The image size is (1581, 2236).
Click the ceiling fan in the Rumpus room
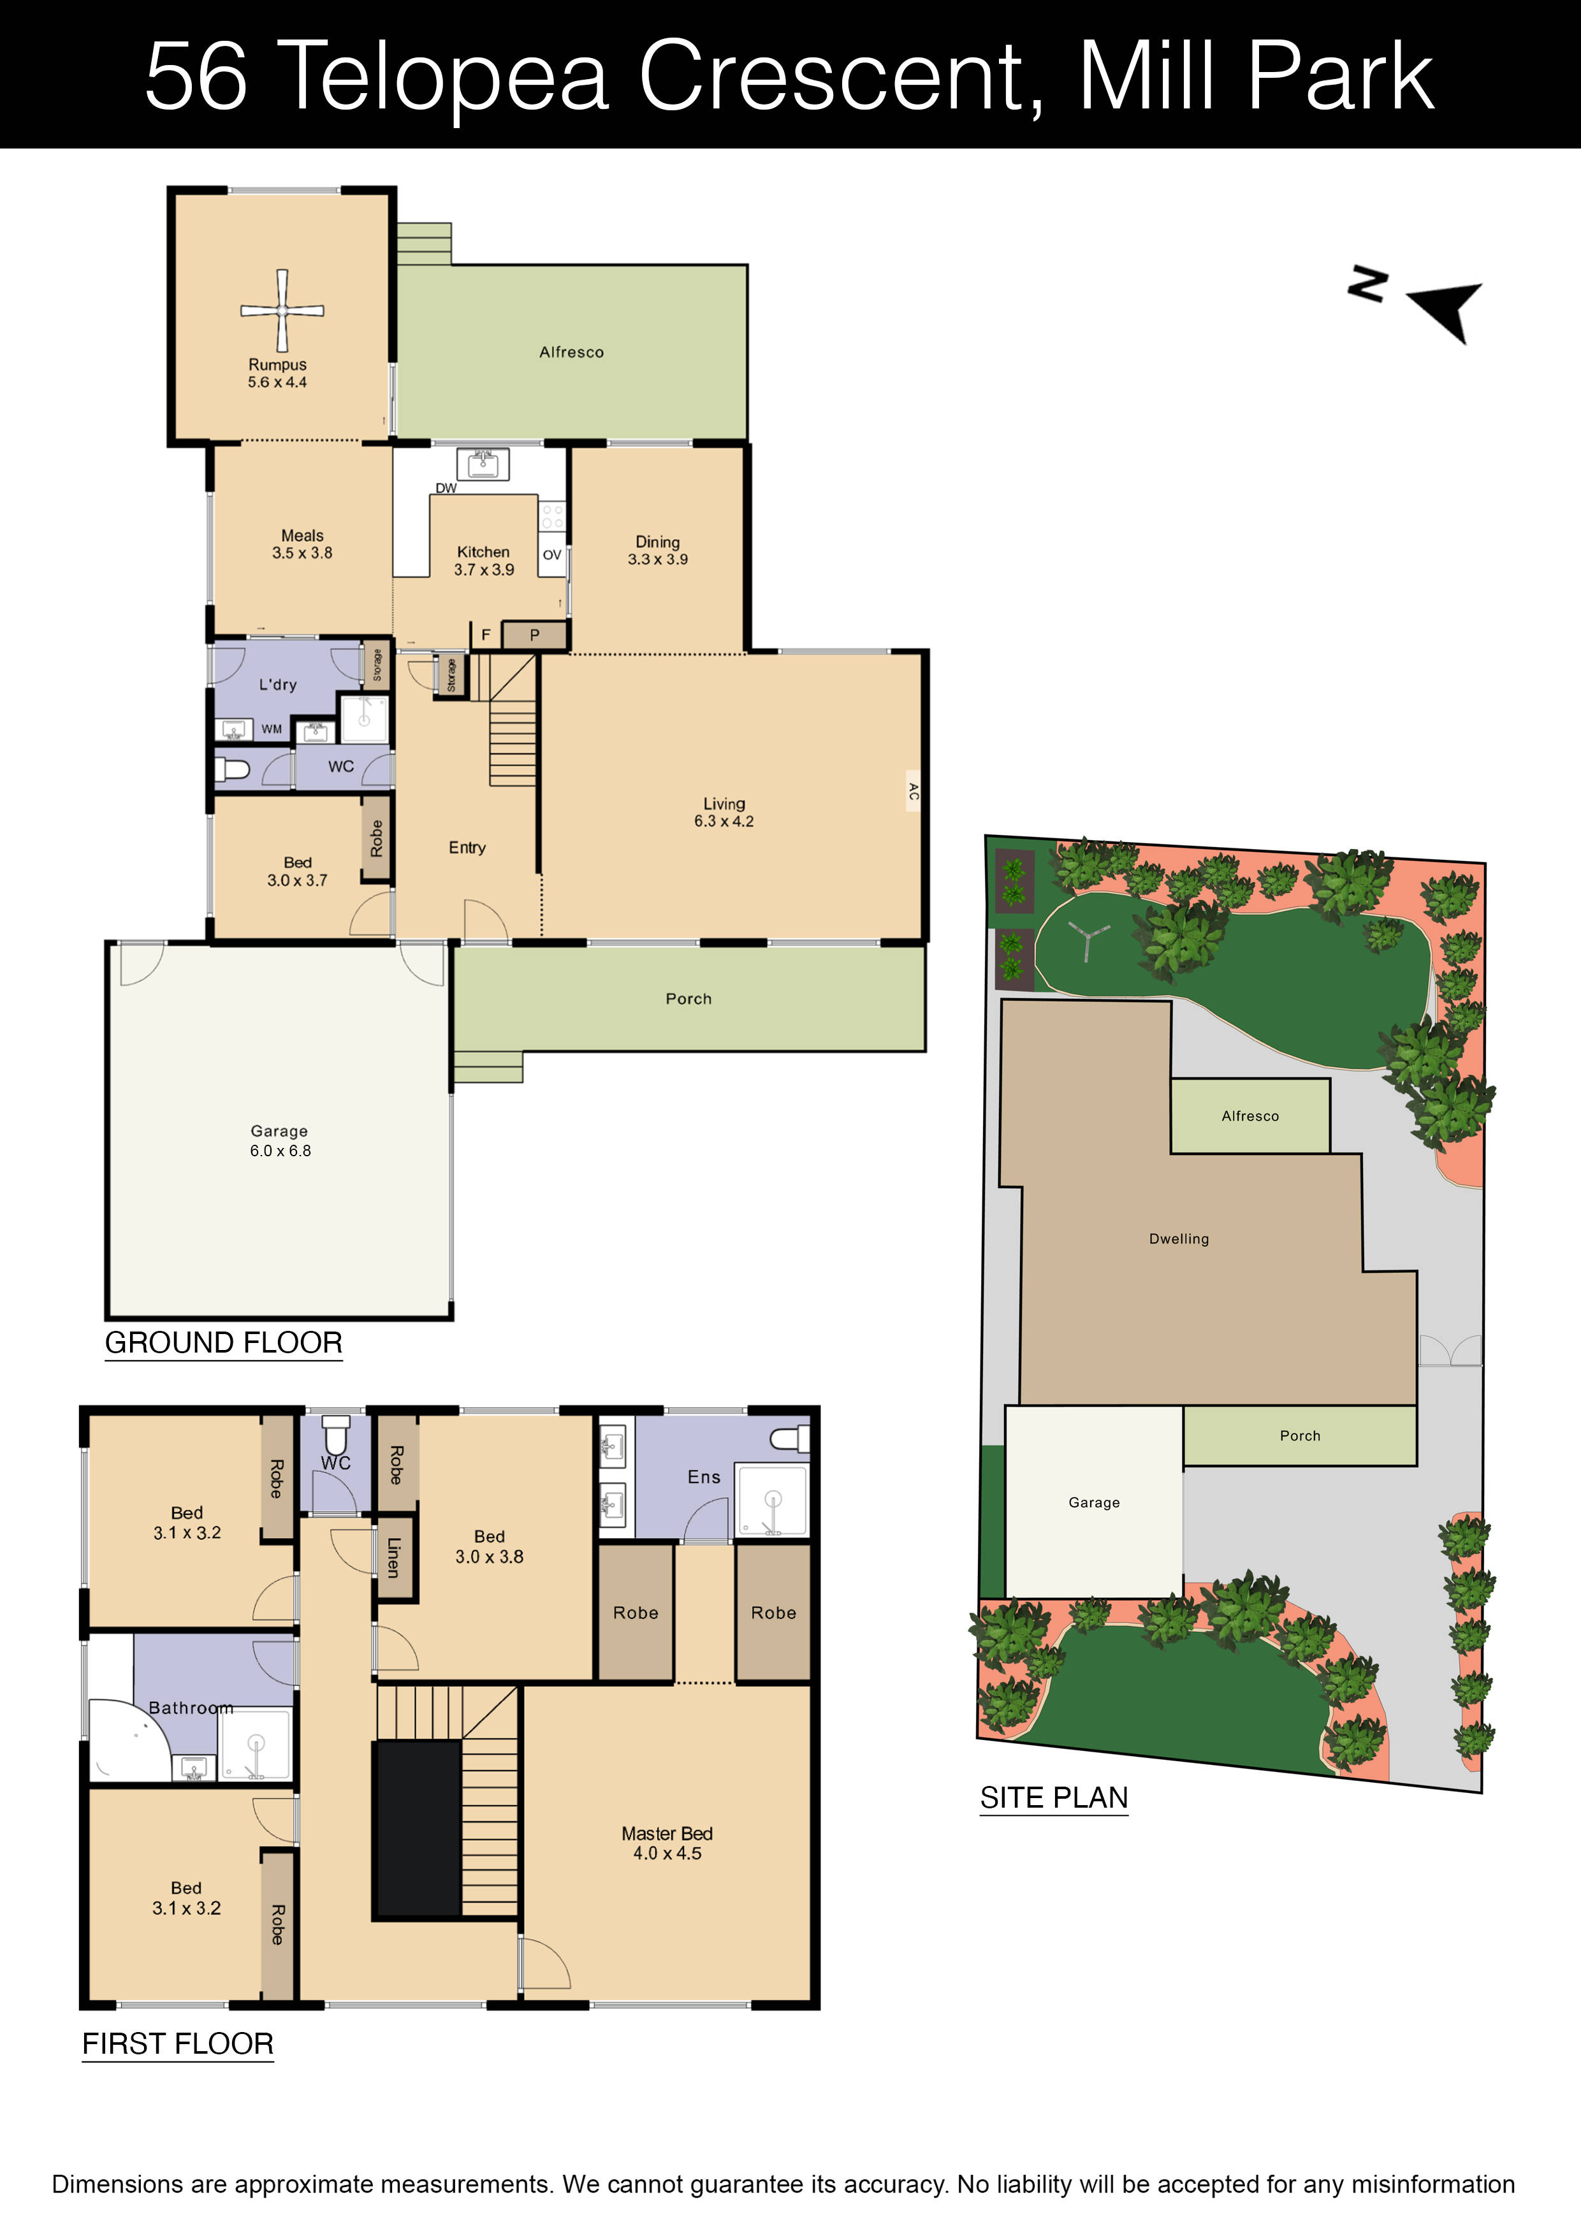pos(282,310)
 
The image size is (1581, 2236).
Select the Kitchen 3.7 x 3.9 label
pos(483,561)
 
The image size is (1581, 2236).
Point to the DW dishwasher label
pos(445,488)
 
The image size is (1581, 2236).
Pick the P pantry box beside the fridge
pos(534,635)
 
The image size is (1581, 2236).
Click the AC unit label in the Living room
pos(913,792)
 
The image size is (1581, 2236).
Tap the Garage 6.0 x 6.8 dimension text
pos(280,1150)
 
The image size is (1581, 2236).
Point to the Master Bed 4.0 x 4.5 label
pos(667,1843)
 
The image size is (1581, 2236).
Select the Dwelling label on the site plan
pos(1179,1238)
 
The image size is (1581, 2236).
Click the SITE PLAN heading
pos(1053,1797)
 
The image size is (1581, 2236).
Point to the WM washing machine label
pos(272,729)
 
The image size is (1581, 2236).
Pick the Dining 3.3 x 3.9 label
pos(657,550)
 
